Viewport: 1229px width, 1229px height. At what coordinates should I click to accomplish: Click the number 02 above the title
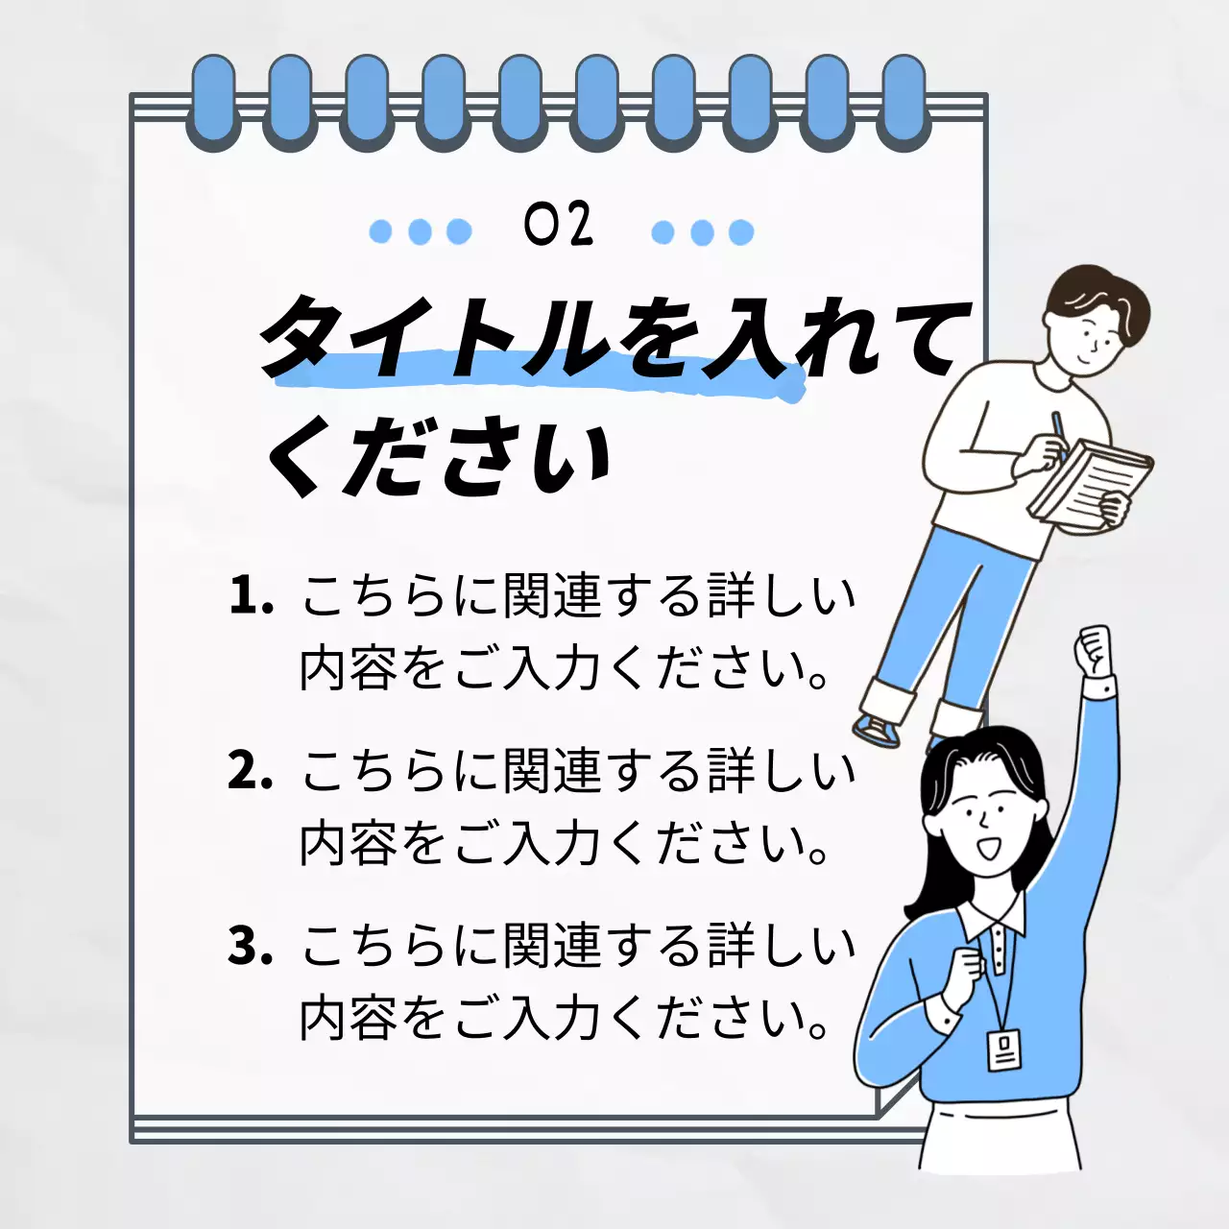coord(559,226)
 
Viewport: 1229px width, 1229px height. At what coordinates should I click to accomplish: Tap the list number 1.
coord(249,596)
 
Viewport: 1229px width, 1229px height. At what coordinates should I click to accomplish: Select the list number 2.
coord(250,771)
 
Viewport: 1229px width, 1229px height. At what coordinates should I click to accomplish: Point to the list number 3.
coord(250,946)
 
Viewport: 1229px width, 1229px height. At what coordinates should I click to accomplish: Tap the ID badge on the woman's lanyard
coord(1004,1050)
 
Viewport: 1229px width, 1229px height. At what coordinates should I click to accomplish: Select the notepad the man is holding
coord(1090,480)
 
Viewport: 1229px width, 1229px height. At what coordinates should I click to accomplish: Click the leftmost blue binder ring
coord(213,101)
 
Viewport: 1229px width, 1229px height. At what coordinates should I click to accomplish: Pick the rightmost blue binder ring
coord(904,101)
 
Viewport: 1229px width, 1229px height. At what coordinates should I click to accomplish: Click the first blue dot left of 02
coord(381,231)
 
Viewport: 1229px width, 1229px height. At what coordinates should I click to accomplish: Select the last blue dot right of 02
coord(741,232)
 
